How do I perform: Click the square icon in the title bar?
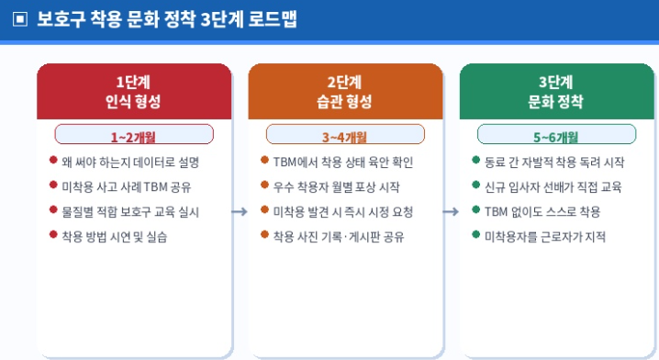click(20, 19)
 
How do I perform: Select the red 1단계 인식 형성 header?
click(134, 92)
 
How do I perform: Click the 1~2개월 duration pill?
click(134, 135)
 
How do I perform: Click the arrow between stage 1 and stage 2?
click(240, 212)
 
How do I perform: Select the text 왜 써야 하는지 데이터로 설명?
click(130, 163)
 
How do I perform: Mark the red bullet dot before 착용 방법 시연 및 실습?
click(53, 236)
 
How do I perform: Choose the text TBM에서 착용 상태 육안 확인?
click(342, 163)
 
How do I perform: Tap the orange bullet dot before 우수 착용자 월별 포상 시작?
click(264, 186)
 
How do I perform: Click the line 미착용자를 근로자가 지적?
click(545, 237)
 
